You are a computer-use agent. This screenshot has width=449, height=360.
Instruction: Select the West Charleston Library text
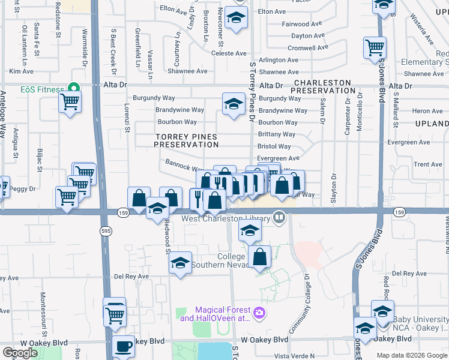(x=226, y=218)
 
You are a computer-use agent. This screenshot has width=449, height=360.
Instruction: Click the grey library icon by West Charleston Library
(x=279, y=218)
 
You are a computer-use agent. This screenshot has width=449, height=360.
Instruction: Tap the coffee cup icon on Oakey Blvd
(x=124, y=347)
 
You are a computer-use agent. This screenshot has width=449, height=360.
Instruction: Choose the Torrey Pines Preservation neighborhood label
(x=186, y=140)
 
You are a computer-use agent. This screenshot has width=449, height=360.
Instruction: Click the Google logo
(x=20, y=353)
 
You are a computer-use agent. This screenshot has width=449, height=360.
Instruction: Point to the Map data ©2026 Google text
(x=412, y=355)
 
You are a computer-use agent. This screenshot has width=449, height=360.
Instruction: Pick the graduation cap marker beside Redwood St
(x=157, y=209)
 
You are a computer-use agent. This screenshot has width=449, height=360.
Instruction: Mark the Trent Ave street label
(x=427, y=164)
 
